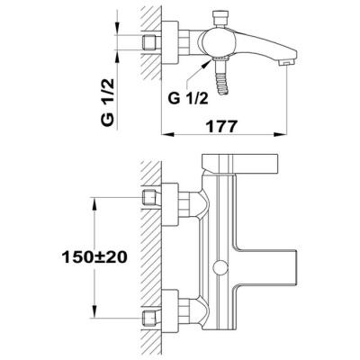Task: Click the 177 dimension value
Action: [x=221, y=126]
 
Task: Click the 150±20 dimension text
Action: [x=94, y=257]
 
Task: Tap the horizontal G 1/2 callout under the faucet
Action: [x=188, y=98]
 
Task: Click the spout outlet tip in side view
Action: [x=285, y=63]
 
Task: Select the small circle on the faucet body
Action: [x=220, y=266]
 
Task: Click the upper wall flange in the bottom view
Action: [x=170, y=204]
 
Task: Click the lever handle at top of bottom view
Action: [x=240, y=164]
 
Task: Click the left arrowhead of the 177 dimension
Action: [x=167, y=134]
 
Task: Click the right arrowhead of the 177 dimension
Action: [x=280, y=134]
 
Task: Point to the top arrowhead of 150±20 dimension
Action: [x=94, y=205]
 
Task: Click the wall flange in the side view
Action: [x=170, y=42]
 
